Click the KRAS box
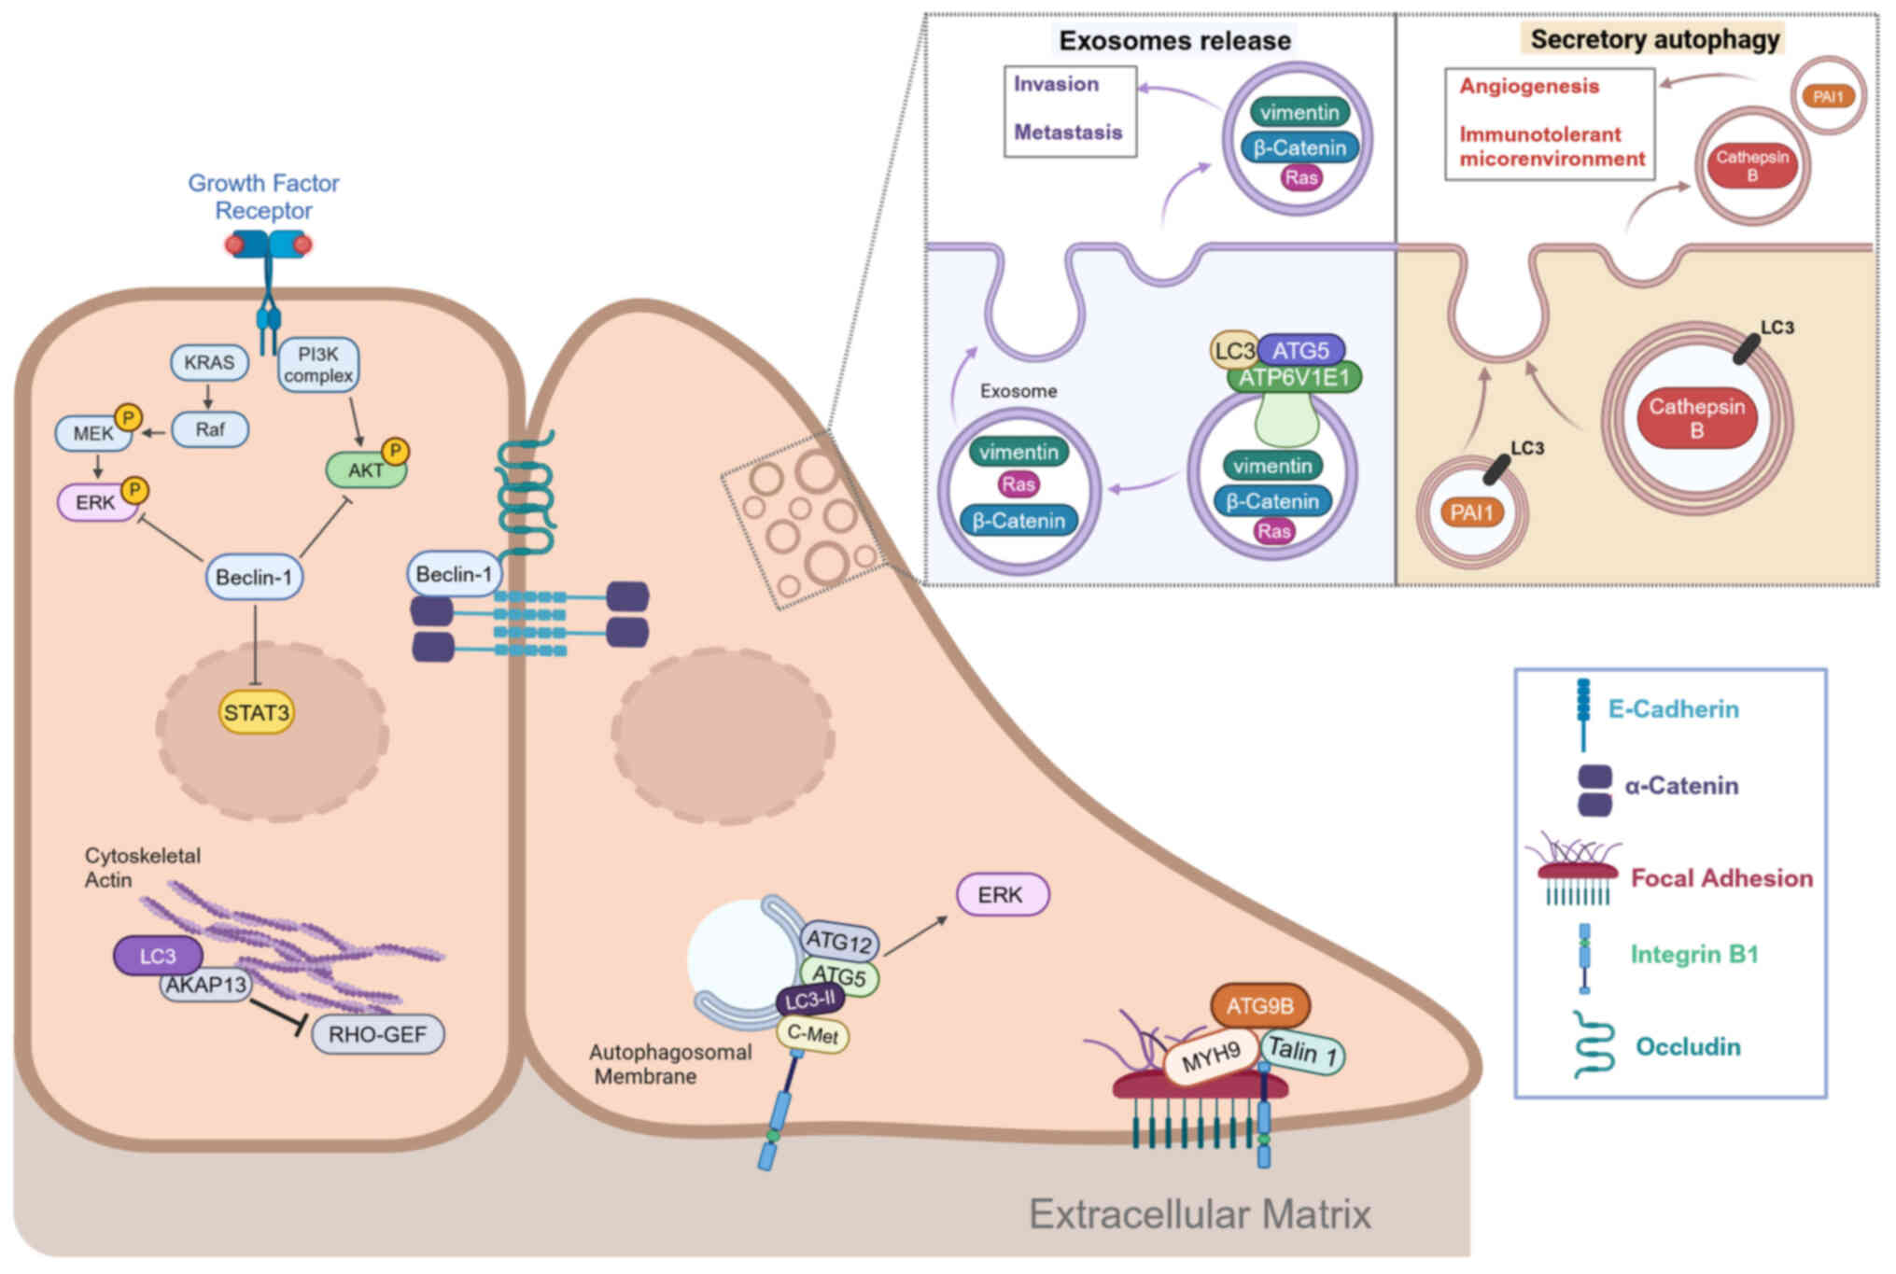point(209,362)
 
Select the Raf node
point(210,429)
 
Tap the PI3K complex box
point(318,365)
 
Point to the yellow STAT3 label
point(257,713)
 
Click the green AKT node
point(365,470)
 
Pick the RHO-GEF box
point(377,1034)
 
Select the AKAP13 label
point(205,985)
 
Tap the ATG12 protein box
point(838,941)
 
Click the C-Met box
point(812,1034)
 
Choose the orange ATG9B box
point(1259,1006)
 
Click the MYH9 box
point(1211,1057)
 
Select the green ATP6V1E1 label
point(1294,377)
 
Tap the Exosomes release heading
point(1174,41)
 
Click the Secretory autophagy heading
point(1654,39)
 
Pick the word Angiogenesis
point(1529,87)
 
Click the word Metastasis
point(1068,133)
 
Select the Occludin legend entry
point(1688,1046)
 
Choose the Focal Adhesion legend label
point(1721,878)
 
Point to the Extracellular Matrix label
point(1200,1214)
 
